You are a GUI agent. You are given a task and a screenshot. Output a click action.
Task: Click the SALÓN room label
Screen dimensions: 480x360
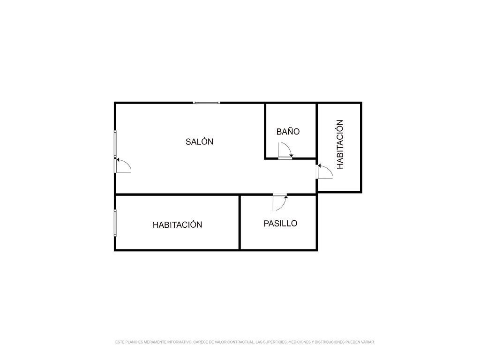[199, 142]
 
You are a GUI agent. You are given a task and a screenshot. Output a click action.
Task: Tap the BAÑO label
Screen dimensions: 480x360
[288, 131]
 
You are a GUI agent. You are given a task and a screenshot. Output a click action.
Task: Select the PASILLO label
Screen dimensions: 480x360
[280, 223]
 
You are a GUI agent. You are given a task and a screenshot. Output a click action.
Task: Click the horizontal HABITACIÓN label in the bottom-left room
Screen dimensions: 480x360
[177, 225]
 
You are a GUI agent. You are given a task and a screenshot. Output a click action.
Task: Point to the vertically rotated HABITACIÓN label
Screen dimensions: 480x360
[340, 144]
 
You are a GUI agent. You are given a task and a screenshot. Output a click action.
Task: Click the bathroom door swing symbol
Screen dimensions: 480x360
[285, 150]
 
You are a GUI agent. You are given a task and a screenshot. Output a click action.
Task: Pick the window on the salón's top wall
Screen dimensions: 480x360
[207, 103]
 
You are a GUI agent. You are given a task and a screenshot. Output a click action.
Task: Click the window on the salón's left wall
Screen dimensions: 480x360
[115, 144]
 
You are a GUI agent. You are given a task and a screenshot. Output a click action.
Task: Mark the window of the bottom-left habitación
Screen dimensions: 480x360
[115, 223]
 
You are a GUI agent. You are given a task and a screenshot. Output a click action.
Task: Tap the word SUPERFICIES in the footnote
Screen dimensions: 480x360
[274, 342]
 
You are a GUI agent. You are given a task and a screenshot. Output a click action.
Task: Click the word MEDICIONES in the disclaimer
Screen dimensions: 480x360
[300, 342]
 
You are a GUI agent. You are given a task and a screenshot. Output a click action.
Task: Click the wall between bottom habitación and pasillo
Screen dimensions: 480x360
[240, 222]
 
